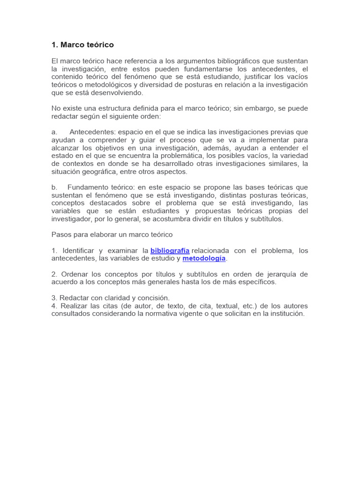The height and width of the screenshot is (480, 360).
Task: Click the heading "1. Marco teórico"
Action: point(82,45)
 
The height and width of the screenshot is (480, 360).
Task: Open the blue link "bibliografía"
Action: point(170,251)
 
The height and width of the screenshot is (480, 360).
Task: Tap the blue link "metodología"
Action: point(204,258)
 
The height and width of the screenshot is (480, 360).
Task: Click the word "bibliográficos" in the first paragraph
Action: point(221,61)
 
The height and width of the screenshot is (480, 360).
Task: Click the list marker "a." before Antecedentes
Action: point(54,132)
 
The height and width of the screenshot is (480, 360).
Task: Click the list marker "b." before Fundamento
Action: point(54,187)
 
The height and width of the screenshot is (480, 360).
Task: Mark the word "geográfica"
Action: point(103,172)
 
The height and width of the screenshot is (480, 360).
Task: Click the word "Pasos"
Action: point(61,234)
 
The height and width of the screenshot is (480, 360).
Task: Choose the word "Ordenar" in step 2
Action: point(72,274)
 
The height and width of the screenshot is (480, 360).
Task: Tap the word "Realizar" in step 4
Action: point(73,306)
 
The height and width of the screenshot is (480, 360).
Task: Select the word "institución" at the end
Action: point(286,314)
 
